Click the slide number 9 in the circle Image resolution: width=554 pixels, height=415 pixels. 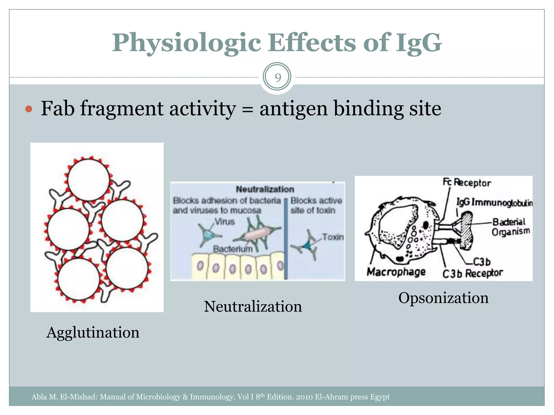278,78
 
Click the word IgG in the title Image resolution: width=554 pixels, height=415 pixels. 419,43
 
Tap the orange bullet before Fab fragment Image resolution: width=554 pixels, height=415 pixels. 29,109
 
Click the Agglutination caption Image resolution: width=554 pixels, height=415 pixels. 93,332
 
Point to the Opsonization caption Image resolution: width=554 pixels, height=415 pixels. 443,298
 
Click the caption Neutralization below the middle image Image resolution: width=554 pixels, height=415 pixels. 253,307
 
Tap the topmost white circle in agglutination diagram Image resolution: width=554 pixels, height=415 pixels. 88,180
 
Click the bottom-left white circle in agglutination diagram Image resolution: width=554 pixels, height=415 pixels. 79,279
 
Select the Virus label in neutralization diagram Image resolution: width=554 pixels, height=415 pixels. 225,222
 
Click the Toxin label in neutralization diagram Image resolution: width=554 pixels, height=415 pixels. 333,237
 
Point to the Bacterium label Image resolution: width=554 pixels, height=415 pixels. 233,249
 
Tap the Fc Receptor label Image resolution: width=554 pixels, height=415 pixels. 467,183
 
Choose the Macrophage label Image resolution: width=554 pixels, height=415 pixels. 396,272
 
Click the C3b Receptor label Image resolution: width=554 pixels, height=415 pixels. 472,273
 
